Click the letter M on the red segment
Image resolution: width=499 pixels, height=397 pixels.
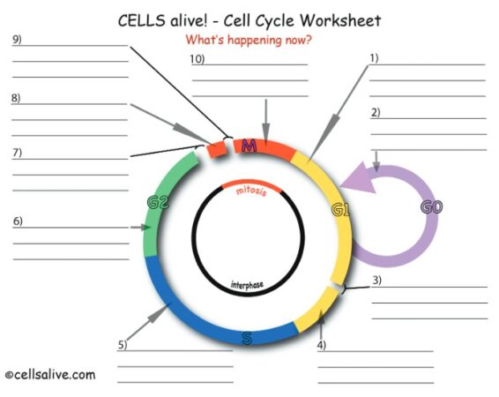coord(249,146)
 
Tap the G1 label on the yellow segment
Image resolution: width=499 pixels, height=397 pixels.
coord(340,209)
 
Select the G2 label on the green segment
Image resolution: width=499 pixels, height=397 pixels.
coord(158,203)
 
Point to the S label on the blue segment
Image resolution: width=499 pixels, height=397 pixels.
coord(247,338)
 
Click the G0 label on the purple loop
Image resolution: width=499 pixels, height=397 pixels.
coord(431,208)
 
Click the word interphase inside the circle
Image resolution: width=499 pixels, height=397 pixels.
coord(247,284)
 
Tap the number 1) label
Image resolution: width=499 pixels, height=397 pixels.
coord(374,58)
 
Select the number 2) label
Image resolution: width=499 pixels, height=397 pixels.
coord(376,112)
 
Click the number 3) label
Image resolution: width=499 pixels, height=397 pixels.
coord(376,281)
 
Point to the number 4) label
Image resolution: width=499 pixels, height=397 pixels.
coord(322,345)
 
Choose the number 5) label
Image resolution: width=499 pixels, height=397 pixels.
coord(123,344)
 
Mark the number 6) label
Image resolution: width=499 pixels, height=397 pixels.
coord(18,221)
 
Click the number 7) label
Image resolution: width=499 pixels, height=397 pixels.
coord(17,153)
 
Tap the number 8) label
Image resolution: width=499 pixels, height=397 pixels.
coord(16,98)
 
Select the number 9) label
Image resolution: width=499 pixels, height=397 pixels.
coord(17,40)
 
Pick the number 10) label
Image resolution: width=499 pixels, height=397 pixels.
coord(197,59)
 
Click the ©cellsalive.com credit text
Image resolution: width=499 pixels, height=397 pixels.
coord(49,375)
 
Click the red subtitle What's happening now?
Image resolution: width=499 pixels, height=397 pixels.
coord(249,40)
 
